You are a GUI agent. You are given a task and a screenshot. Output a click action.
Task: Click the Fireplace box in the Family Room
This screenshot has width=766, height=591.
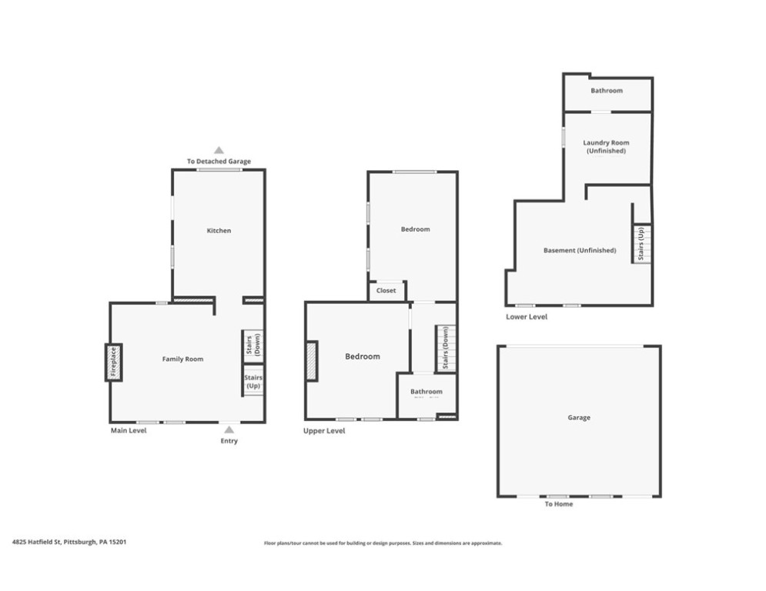112,362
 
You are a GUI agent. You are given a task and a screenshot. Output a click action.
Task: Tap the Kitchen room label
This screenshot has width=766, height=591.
219,231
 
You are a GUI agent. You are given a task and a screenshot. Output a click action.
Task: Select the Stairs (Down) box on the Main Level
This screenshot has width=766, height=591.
253,345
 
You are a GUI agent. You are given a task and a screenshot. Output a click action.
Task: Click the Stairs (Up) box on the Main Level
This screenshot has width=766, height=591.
253,382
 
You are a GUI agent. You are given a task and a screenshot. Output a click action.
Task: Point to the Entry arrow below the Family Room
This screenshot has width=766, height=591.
229,430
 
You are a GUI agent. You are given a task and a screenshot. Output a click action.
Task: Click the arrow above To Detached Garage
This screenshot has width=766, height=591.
219,151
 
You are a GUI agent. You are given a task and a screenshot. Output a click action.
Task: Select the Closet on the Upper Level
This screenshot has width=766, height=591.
386,291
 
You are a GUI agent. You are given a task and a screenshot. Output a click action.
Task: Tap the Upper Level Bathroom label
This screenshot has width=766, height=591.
426,391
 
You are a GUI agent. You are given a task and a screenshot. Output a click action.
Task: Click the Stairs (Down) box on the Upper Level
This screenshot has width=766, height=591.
443,349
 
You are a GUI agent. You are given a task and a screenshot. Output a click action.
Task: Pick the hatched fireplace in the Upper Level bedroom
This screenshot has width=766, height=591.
311,360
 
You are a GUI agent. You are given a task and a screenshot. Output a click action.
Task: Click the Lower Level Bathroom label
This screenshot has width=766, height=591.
607,91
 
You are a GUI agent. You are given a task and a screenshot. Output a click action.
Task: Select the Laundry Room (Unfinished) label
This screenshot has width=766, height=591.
606,147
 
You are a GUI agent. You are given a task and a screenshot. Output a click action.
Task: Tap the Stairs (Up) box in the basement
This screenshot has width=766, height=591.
641,243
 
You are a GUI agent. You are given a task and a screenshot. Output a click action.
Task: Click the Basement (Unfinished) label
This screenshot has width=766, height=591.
580,251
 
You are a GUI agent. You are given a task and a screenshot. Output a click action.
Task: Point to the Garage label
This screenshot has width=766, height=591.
579,418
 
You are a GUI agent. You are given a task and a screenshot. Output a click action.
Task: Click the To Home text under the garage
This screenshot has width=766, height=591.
558,505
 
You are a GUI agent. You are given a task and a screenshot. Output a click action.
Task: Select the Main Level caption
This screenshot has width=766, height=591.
128,431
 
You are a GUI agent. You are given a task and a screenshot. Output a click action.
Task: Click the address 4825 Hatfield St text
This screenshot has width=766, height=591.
69,542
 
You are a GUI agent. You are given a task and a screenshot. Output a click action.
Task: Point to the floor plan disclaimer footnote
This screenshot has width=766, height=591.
383,543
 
